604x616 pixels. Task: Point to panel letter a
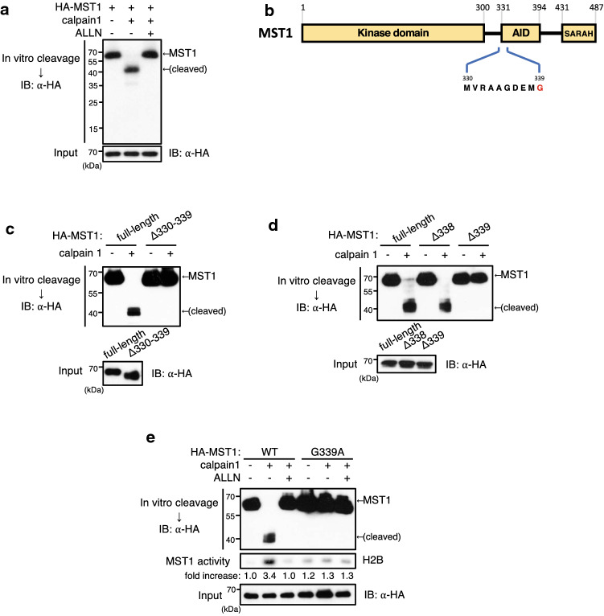click(x=6, y=7)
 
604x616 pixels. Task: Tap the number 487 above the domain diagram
click(x=594, y=6)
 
